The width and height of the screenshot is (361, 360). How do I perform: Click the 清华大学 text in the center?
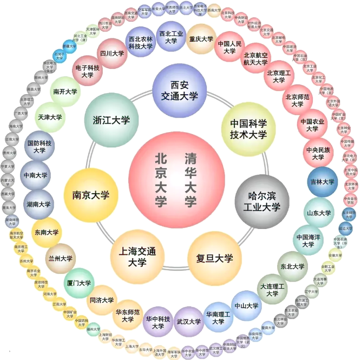(x=190, y=179)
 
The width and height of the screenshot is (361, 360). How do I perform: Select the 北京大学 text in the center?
(x=161, y=179)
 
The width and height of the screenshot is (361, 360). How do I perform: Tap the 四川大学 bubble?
(x=112, y=54)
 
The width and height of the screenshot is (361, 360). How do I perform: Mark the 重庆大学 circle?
(x=201, y=39)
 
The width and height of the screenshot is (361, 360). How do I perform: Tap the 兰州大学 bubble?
(x=60, y=258)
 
